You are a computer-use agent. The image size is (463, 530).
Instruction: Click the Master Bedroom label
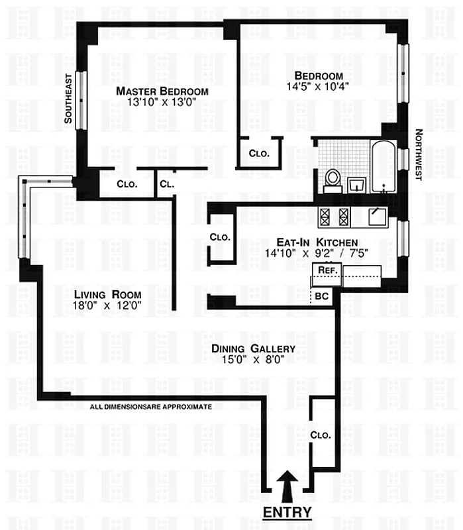coord(162,91)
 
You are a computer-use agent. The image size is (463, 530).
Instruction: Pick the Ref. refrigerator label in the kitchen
coord(325,270)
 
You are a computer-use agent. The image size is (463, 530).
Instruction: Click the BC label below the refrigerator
coord(322,296)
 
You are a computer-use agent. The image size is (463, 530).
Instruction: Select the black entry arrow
coord(287,487)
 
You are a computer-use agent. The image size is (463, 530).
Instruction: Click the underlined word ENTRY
coord(287,512)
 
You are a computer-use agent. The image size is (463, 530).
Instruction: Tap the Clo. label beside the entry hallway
coord(321,435)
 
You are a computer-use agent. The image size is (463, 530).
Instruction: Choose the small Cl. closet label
coord(166,184)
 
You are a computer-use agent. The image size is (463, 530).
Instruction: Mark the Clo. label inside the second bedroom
coord(259,153)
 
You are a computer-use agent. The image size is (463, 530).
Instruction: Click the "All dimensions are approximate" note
coord(150,407)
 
